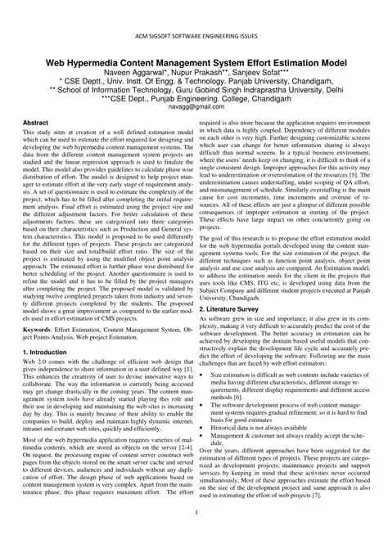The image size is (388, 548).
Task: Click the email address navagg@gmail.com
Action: click(193, 106)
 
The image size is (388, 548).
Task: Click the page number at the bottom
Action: click(194, 513)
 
